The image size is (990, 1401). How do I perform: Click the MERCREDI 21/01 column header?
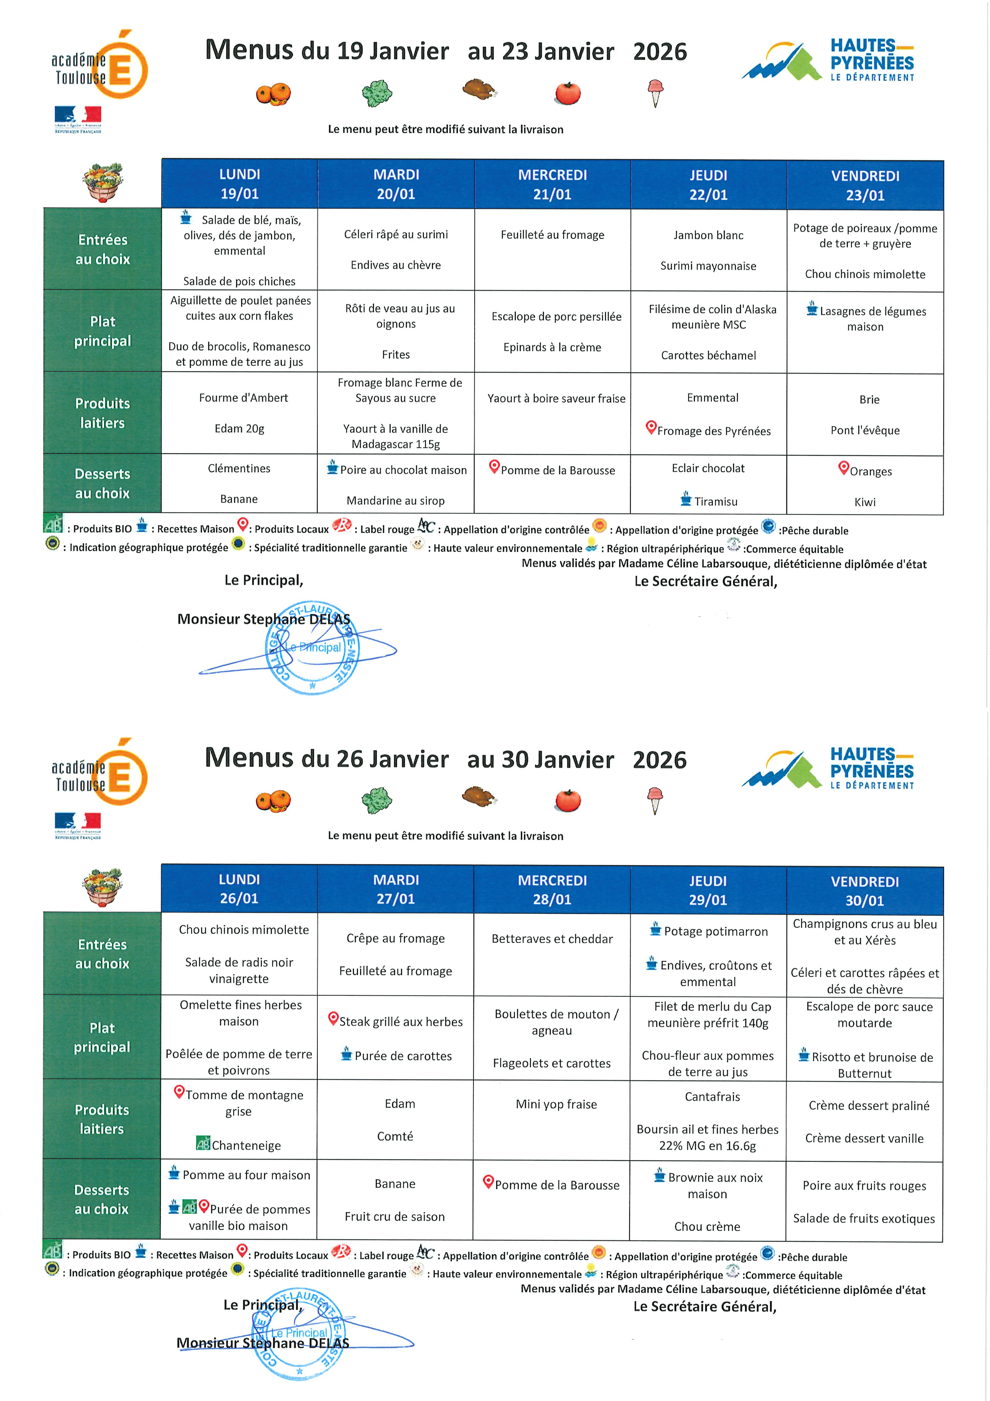point(552,184)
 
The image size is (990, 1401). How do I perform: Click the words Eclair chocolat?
point(708,468)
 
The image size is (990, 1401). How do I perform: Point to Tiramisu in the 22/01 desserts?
point(715,502)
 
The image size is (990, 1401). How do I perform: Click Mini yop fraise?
point(556,1104)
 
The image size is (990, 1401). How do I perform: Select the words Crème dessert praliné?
point(869,1106)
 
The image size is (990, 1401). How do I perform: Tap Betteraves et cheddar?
point(552,939)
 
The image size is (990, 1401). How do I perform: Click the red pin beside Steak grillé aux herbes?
point(333,1018)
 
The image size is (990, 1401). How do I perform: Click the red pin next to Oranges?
point(843,468)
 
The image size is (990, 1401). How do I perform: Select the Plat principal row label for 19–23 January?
point(103,331)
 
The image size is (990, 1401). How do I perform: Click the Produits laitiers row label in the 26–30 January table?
point(102,1119)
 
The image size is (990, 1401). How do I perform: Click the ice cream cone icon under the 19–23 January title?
point(655,93)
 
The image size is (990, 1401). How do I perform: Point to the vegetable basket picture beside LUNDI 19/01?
point(103,182)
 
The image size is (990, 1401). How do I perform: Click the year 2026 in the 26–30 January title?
point(659,760)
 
